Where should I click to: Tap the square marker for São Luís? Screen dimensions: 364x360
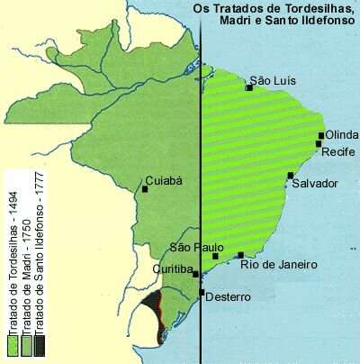click(250, 87)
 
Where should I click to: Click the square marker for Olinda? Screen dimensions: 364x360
click(321, 136)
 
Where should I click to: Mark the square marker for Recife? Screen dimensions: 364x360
click(319, 144)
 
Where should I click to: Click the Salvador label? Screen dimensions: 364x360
click(315, 183)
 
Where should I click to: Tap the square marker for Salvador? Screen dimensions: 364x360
click(291, 176)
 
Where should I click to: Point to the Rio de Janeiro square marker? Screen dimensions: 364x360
click(240, 255)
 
